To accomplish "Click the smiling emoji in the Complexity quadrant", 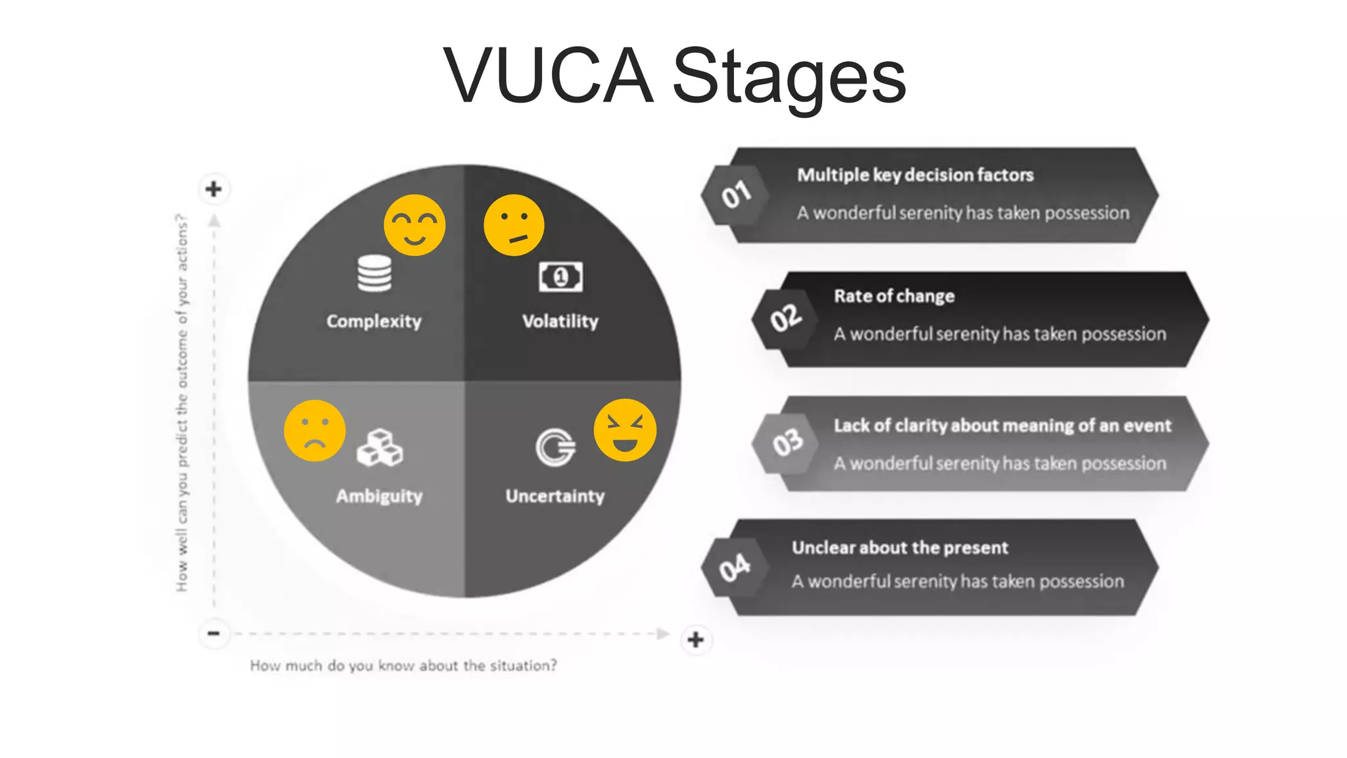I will (x=414, y=225).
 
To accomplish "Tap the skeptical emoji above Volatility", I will (x=514, y=225).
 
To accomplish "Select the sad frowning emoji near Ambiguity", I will (x=314, y=430).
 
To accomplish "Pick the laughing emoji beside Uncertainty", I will (x=625, y=430).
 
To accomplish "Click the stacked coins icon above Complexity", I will (x=374, y=273).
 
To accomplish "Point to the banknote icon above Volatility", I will (x=560, y=277).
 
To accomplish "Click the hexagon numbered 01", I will (x=735, y=195).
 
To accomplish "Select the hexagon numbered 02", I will (x=785, y=318).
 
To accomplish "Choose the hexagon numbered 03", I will (x=787, y=443).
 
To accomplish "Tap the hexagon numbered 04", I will (x=734, y=567).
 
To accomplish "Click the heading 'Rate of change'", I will (x=894, y=296).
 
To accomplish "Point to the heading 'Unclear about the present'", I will (x=899, y=547).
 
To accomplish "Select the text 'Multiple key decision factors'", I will (x=915, y=175).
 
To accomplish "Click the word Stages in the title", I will (x=789, y=77).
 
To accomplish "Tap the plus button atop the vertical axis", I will (x=214, y=189).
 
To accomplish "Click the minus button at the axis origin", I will (x=214, y=634).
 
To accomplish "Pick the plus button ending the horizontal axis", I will (x=695, y=640).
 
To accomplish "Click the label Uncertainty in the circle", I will (x=554, y=495).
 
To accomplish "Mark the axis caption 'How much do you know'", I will (x=403, y=666).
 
